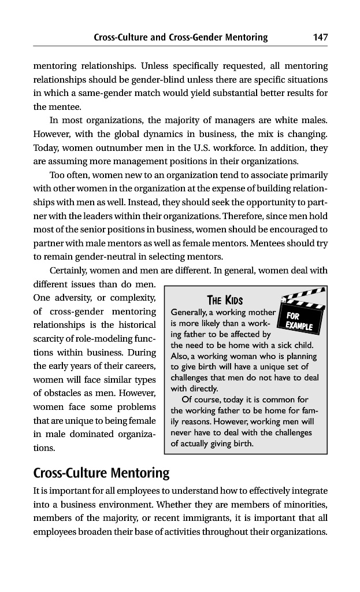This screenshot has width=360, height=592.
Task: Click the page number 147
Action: [x=320, y=38]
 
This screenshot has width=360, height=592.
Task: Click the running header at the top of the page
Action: [x=180, y=38]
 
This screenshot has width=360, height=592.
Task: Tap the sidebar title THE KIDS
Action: [x=224, y=300]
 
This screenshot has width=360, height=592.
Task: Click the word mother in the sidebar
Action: [x=258, y=313]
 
